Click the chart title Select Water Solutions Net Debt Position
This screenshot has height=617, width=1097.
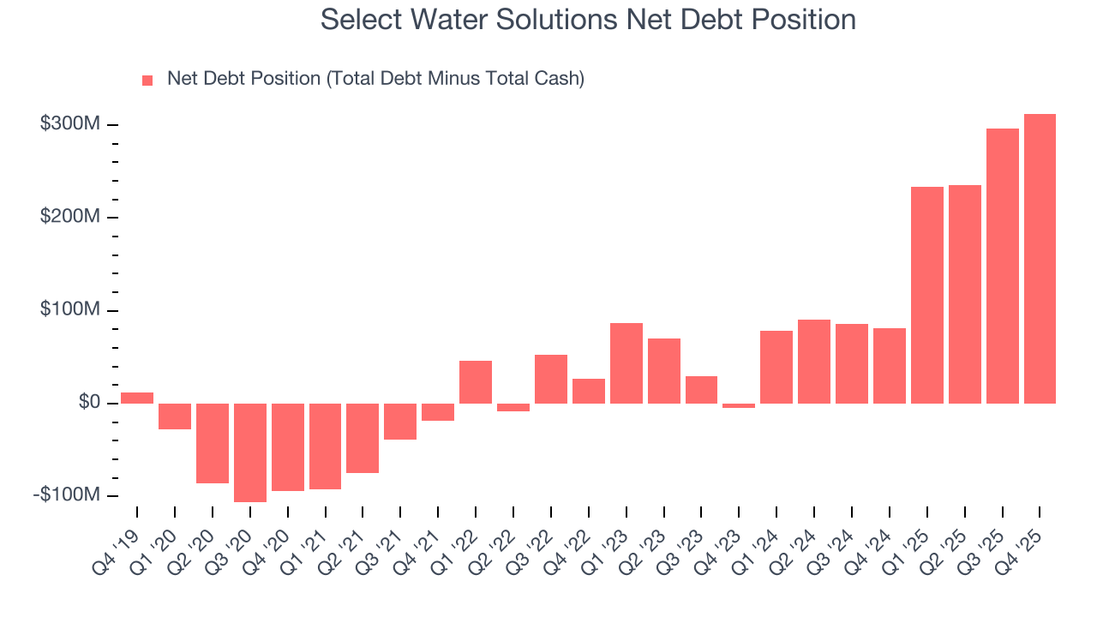point(588,20)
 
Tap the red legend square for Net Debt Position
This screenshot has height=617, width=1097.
point(147,80)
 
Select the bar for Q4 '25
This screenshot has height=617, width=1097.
point(1040,258)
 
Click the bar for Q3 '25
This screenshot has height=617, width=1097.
point(1002,266)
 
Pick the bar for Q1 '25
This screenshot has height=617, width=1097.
point(926,295)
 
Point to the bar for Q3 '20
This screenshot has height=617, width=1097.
point(249,452)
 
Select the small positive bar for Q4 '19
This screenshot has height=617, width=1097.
point(137,398)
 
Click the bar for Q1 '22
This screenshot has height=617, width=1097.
point(476,381)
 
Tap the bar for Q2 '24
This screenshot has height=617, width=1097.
point(813,361)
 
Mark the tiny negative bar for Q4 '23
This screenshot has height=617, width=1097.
point(739,405)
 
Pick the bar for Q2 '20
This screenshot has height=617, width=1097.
point(213,443)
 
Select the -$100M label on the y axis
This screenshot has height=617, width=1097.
point(67,495)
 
